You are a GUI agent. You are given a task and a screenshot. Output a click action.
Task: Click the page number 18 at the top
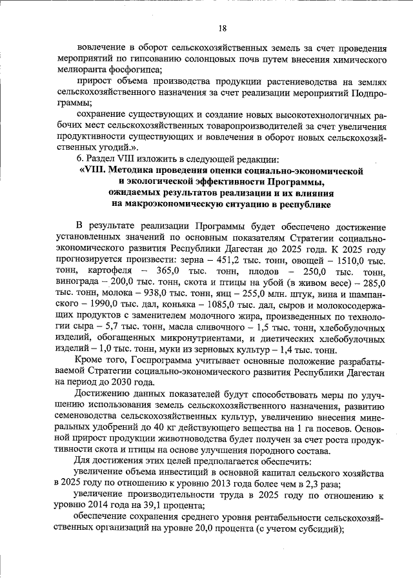[223, 28]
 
